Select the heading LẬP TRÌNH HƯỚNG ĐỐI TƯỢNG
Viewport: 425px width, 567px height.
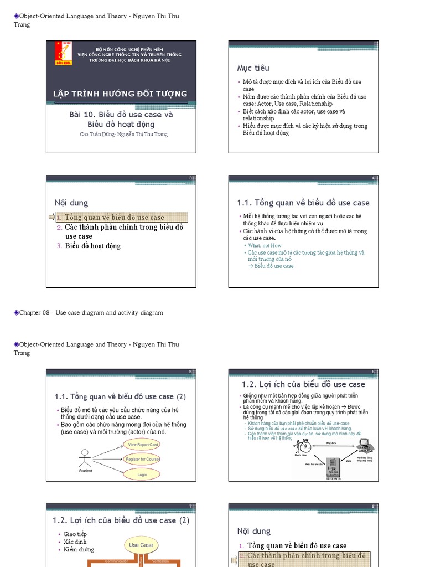coord(120,94)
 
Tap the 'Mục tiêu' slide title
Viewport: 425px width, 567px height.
coord(253,68)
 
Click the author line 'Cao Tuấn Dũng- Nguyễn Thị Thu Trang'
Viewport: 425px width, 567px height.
coord(123,134)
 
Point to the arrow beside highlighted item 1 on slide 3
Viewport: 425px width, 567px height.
coord(51,217)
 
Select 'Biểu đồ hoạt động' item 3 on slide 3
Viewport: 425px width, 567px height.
coord(92,246)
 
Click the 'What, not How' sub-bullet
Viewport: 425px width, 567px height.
coord(265,245)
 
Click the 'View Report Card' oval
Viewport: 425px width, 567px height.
coord(143,444)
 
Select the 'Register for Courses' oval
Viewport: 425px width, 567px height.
coord(142,459)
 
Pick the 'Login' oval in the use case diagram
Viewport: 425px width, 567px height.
coord(142,475)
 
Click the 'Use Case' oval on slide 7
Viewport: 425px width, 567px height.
coord(141,545)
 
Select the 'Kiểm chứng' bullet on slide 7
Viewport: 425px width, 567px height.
coord(79,549)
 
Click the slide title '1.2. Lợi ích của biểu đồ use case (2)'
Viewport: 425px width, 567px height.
coord(121,520)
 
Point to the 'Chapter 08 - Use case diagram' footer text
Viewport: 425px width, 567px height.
coord(91,313)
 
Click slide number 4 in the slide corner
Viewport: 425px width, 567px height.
coord(373,178)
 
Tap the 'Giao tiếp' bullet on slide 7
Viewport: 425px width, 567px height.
coord(75,534)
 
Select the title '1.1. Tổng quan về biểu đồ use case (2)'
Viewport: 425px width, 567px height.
coord(120,396)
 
